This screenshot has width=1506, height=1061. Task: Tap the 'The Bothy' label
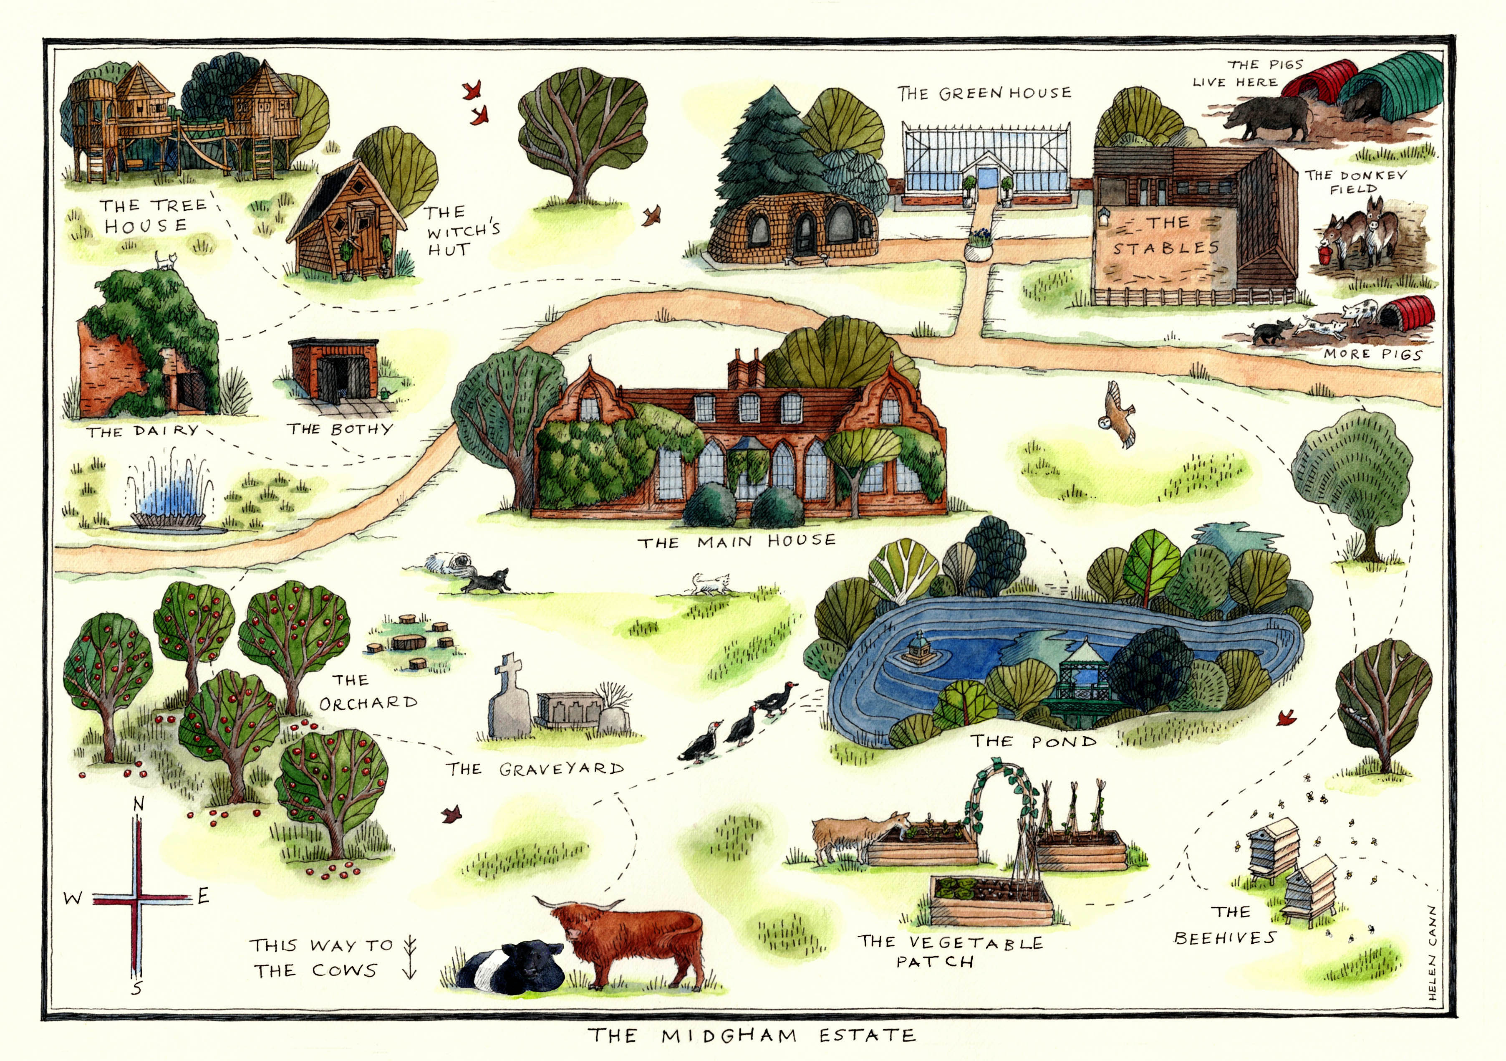coord(339,429)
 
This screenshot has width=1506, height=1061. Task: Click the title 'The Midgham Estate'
coord(751,1036)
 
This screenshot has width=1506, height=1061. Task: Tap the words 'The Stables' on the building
coord(1165,235)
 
